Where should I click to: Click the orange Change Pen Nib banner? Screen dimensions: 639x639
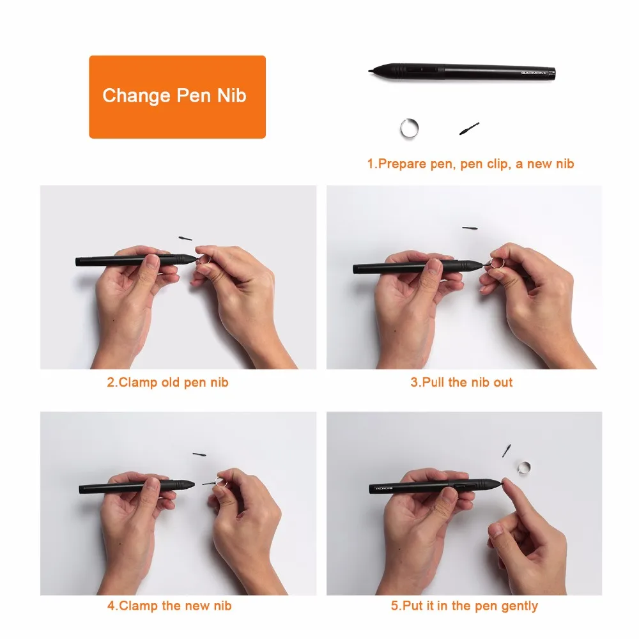(x=177, y=96)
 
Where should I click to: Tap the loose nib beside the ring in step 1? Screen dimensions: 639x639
(x=469, y=128)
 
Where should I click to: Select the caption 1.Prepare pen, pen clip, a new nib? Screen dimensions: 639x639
(x=470, y=164)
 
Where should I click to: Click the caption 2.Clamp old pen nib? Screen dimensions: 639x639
(x=167, y=383)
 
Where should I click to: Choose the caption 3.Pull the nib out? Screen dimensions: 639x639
(x=461, y=383)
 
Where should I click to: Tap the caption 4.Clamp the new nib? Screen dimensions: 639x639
(x=169, y=605)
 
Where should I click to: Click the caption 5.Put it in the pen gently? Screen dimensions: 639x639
(x=465, y=605)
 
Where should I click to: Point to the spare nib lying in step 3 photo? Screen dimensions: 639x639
(x=470, y=227)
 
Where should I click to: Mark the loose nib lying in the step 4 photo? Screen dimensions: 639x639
(x=199, y=454)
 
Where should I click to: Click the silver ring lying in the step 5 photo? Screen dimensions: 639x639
(x=525, y=468)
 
